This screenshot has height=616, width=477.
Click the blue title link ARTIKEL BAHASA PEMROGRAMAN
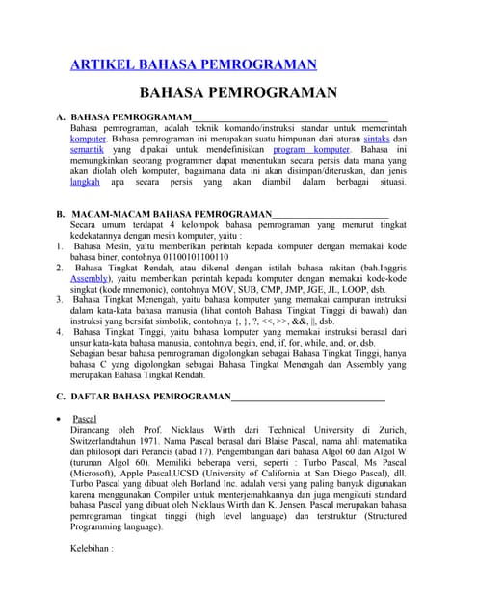[194, 64]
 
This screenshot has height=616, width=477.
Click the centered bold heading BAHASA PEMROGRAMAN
[238, 93]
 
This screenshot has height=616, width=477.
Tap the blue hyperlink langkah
[85, 180]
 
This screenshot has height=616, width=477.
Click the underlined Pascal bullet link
[84, 420]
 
